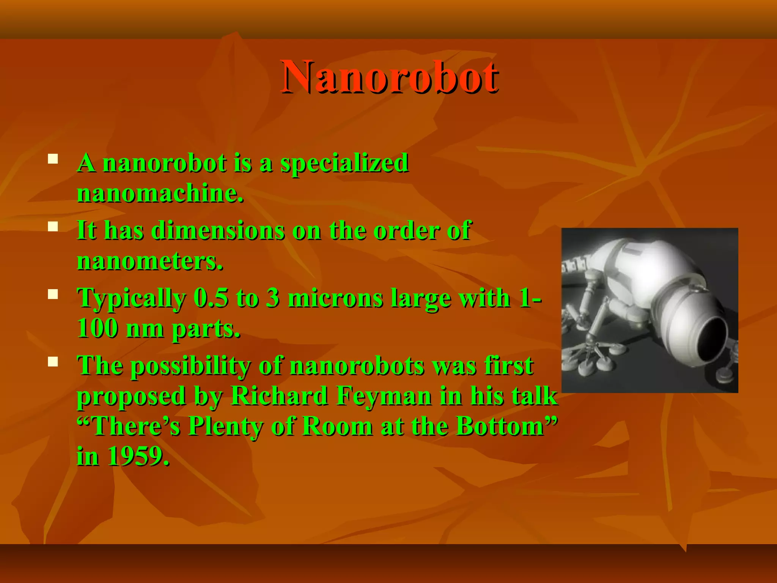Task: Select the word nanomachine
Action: tap(160, 194)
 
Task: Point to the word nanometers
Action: tap(150, 262)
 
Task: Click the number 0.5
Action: tap(211, 298)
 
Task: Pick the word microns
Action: tap(335, 298)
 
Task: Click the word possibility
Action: tap(191, 366)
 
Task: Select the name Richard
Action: tap(279, 396)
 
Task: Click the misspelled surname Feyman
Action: tap(384, 396)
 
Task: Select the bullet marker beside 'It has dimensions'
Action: tap(53, 227)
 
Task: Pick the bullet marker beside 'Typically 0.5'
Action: tap(53, 295)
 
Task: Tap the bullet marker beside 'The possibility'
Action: tap(53, 362)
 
